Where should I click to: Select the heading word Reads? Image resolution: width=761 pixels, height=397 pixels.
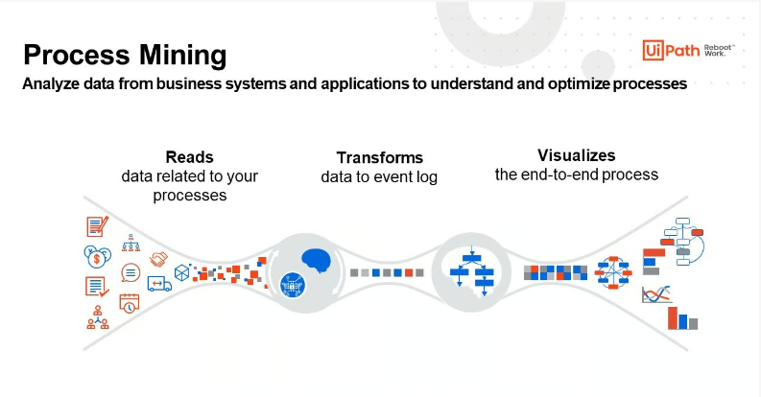(x=189, y=156)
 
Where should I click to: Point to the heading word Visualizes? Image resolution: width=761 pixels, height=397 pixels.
(x=576, y=154)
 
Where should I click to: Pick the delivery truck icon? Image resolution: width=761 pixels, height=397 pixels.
(x=158, y=283)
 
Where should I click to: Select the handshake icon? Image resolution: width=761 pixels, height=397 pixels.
(x=158, y=260)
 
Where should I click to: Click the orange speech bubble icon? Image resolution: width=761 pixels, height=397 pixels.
(x=131, y=272)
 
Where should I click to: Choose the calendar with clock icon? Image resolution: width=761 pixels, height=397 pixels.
(x=130, y=302)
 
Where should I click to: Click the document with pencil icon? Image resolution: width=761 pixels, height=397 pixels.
(x=97, y=226)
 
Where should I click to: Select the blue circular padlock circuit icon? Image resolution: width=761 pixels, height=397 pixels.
(x=289, y=284)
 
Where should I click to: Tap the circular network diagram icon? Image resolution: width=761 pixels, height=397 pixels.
(x=612, y=273)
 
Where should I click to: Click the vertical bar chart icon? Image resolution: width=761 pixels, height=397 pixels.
(x=683, y=317)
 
